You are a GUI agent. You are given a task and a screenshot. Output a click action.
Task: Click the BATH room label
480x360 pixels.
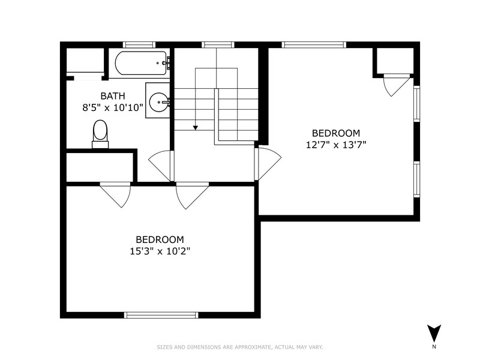(x=113, y=96)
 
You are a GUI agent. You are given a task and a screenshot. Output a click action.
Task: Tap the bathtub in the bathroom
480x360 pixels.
(x=141, y=63)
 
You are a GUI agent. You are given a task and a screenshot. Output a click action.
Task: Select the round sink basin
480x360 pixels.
(x=158, y=102)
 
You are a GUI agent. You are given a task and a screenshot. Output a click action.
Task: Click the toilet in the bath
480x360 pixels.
(x=100, y=134)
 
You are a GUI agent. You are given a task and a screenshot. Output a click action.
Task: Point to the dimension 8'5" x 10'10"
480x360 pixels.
(x=113, y=108)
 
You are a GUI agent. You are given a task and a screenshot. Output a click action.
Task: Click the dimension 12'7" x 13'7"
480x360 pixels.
(x=336, y=145)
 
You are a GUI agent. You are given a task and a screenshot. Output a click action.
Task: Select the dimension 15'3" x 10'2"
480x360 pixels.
(x=160, y=251)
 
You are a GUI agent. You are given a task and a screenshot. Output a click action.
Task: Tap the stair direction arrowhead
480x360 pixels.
(x=196, y=128)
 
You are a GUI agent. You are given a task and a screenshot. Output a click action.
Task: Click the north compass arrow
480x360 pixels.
(x=434, y=334)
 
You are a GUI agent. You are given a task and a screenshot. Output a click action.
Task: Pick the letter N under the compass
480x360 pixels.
(x=434, y=347)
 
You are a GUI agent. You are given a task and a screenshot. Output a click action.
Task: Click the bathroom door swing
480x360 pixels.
(x=161, y=166)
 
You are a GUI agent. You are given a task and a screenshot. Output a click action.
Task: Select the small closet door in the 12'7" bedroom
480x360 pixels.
(x=397, y=85)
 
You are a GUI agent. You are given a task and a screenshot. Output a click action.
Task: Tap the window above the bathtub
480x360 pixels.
(x=139, y=45)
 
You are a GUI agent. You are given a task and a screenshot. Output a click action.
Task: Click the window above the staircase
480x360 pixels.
(x=218, y=45)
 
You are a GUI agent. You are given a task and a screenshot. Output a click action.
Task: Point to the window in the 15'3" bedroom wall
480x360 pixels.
(x=161, y=315)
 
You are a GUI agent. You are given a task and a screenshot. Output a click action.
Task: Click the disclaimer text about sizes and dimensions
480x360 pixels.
(x=239, y=347)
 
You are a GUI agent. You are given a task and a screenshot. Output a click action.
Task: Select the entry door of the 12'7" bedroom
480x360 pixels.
(x=268, y=164)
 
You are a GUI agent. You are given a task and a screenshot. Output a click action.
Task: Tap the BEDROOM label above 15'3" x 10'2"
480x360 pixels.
(x=160, y=239)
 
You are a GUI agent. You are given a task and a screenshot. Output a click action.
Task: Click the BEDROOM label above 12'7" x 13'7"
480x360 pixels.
(x=336, y=133)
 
